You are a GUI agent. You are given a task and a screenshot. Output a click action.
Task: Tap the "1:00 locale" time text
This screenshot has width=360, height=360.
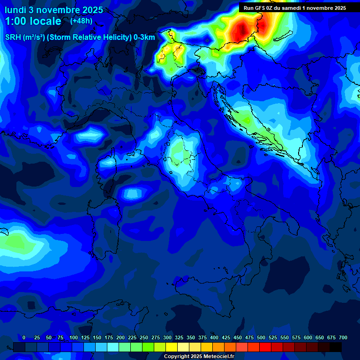[33, 21]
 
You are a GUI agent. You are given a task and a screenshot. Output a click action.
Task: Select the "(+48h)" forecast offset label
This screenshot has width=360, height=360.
[81, 21]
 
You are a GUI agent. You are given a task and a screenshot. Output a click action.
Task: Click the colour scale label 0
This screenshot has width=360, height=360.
[24, 337]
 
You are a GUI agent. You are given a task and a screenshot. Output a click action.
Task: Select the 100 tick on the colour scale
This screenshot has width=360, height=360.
[74, 337]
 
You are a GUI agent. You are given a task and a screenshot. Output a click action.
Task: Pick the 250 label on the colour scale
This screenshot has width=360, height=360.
[144, 337]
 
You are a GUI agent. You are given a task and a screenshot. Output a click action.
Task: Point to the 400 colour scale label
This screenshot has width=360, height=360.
[214, 337]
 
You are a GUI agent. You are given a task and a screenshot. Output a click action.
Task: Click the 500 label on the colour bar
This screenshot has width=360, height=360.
[261, 337]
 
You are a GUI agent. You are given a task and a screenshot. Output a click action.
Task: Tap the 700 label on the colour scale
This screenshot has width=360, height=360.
[343, 337]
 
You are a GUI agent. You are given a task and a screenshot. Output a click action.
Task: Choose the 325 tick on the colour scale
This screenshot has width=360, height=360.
[179, 337]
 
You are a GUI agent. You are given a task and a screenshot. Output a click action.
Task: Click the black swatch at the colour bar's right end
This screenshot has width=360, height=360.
[336, 347]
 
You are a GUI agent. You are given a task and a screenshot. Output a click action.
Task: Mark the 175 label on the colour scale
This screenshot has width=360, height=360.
[109, 337]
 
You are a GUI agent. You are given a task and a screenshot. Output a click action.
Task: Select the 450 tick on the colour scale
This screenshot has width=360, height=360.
[238, 337]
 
